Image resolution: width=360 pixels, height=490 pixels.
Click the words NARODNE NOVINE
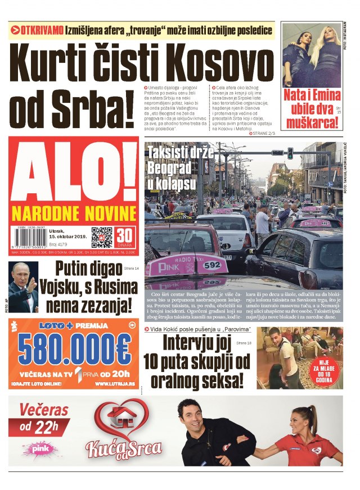click(73, 214)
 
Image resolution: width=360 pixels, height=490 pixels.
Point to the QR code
click(102, 237)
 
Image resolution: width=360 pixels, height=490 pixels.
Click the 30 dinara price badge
click(124, 237)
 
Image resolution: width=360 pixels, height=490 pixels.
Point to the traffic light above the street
click(290, 153)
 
